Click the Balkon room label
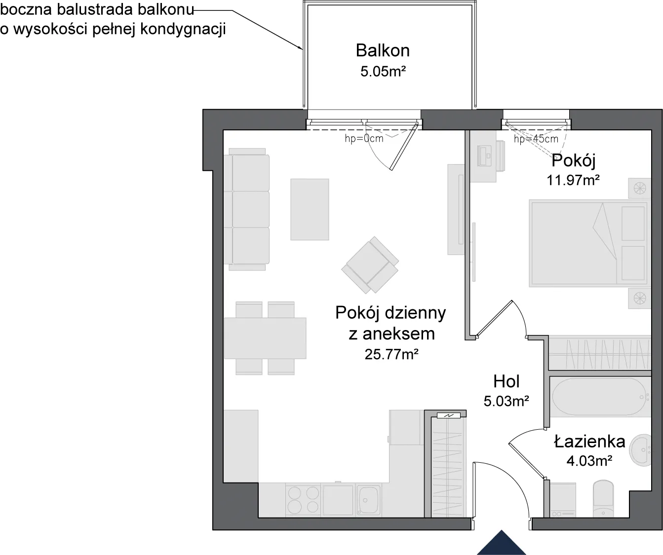pyautogui.click(x=383, y=50)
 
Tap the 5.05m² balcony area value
pyautogui.click(x=383, y=72)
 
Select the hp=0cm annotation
pyautogui.click(x=364, y=138)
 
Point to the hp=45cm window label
pyautogui.click(x=536, y=139)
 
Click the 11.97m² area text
pyautogui.click(x=573, y=180)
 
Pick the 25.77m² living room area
pyautogui.click(x=391, y=354)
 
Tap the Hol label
pyautogui.click(x=506, y=381)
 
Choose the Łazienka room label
pyautogui.click(x=589, y=442)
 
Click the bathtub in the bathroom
pyautogui.click(x=600, y=397)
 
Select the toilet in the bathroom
pyautogui.click(x=603, y=499)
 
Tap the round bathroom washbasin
pyautogui.click(x=640, y=450)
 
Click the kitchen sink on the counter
pyautogui.click(x=368, y=500)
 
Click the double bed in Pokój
pyautogui.click(x=589, y=243)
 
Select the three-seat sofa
pyautogui.click(x=247, y=210)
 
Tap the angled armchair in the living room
pyautogui.click(x=370, y=264)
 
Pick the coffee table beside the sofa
pyautogui.click(x=310, y=209)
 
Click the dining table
pyautogui.click(x=265, y=338)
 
